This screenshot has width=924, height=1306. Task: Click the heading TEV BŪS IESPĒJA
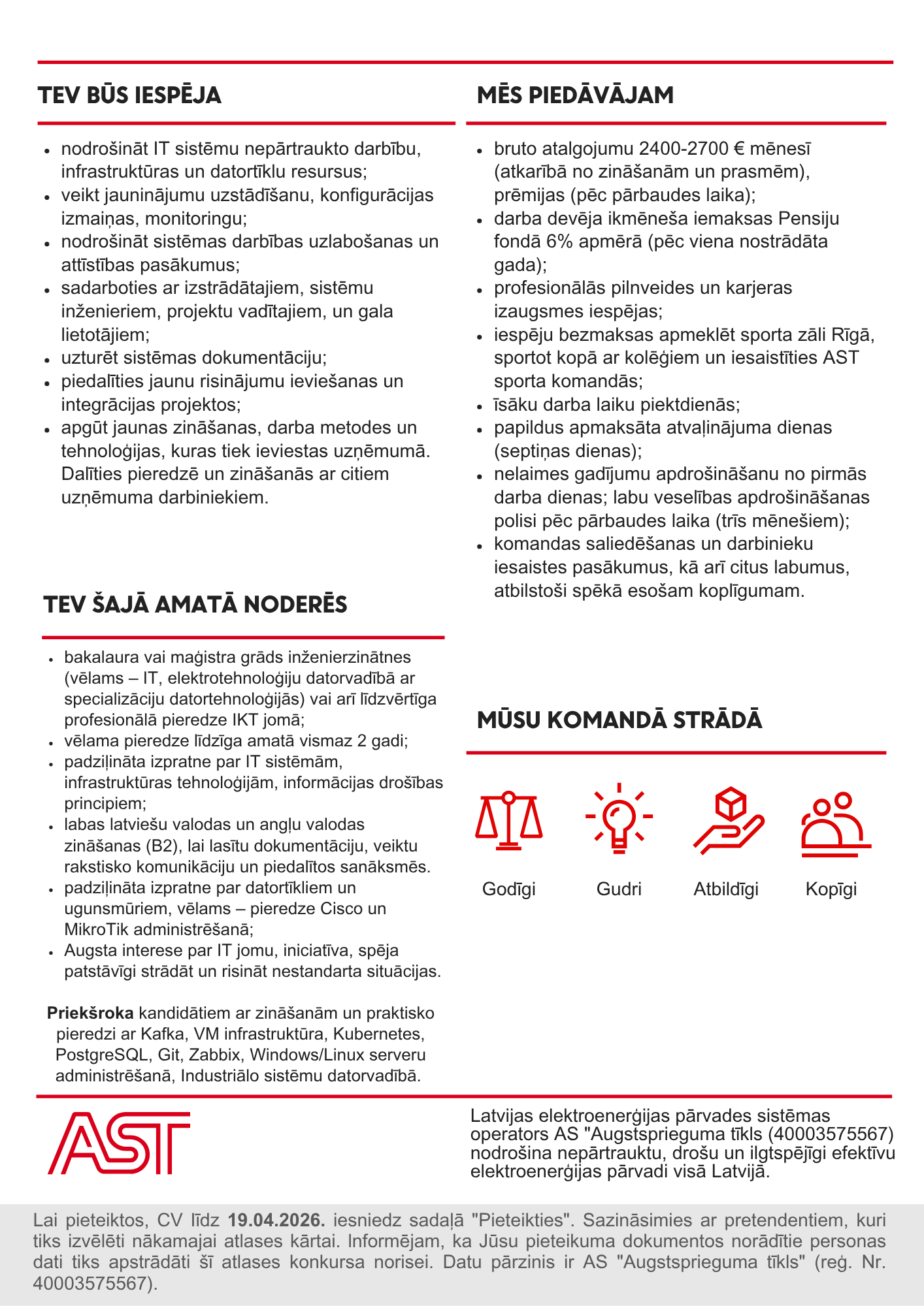pos(129,95)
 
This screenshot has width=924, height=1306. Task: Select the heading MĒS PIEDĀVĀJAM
pos(575,95)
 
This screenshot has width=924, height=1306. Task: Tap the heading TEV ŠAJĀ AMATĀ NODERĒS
pos(195,605)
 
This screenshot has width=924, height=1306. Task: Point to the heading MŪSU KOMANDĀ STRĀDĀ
pos(619,720)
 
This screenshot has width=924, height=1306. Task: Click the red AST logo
pos(119,1143)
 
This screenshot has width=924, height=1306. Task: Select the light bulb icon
pos(618,819)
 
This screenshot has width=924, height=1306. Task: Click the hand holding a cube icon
pos(728,820)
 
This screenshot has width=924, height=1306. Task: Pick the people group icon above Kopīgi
pos(836,824)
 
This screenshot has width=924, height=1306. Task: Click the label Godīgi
pos(509,889)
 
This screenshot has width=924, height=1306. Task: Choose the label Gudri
pos(619,889)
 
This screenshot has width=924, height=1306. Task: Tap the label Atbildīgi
pos(726,889)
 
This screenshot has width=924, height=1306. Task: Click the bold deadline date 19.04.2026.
pos(276,1220)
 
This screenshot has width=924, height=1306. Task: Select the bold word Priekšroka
pos(90,1013)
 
